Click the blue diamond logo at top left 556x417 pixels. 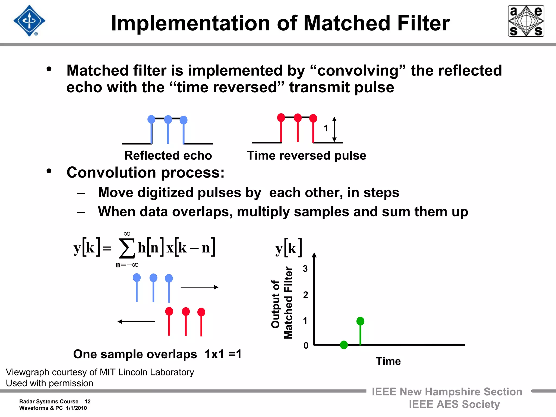29,21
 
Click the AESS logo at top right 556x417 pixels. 526,21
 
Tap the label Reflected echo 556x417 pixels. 168,156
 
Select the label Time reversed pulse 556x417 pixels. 307,156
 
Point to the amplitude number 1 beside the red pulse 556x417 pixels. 326,128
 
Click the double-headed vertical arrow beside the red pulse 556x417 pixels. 334,129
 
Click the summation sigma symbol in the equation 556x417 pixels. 127,248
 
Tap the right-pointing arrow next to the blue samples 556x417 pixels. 200,287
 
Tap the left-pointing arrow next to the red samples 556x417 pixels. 136,321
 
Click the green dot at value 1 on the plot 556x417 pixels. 360,321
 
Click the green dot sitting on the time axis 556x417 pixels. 344,345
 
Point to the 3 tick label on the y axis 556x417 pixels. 305,269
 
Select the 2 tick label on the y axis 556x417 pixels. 305,295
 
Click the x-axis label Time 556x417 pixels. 388,361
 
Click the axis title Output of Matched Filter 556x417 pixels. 282,303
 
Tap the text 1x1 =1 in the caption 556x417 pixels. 223,354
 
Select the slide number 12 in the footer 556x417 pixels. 87,402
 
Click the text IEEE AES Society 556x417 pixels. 454,405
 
